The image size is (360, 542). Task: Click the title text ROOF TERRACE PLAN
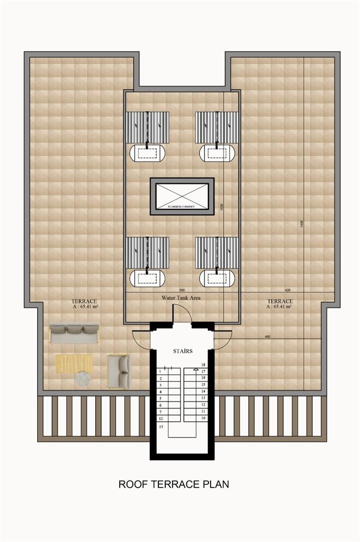(173, 484)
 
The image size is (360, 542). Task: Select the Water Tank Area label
(181, 298)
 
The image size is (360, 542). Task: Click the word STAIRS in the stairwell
(183, 351)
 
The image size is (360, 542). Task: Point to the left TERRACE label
(84, 301)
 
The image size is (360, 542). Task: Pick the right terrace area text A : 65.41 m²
(279, 306)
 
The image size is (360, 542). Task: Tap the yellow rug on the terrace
(74, 363)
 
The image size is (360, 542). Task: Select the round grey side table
(84, 379)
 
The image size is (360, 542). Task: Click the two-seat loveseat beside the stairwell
(118, 371)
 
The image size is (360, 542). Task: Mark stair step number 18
(203, 365)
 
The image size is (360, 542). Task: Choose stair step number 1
(160, 371)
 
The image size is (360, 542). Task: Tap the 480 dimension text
(267, 336)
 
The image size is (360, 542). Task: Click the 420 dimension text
(288, 290)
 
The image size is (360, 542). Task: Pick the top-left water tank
(147, 153)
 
